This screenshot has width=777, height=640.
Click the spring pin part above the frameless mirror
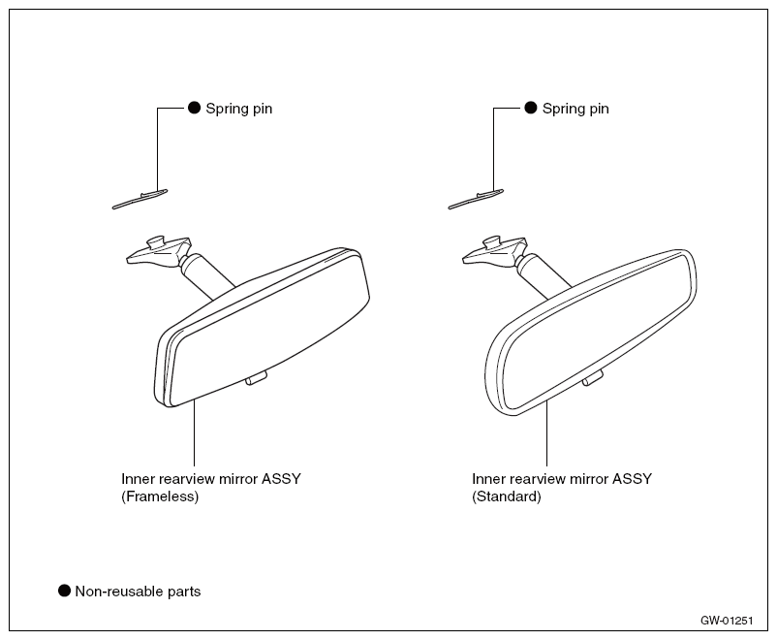(140, 199)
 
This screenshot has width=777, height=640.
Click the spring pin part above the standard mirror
(477, 199)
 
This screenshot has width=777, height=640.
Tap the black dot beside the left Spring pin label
(194, 108)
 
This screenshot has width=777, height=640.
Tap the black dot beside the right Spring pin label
(531, 108)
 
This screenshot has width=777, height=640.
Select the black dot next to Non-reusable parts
(64, 591)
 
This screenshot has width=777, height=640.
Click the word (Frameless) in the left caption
(160, 496)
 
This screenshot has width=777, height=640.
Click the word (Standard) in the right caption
(507, 496)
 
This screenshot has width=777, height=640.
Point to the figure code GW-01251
(727, 621)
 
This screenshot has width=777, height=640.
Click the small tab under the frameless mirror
(256, 378)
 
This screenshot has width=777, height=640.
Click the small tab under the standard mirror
(593, 378)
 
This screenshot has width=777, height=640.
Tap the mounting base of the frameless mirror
(159, 250)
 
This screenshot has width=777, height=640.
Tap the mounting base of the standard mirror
(494, 250)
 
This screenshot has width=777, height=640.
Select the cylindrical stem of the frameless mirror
(205, 275)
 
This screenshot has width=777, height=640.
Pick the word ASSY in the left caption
(281, 479)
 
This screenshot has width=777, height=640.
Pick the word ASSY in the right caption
(632, 479)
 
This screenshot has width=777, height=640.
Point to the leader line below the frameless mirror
(194, 432)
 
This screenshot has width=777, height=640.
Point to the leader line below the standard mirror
(546, 433)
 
